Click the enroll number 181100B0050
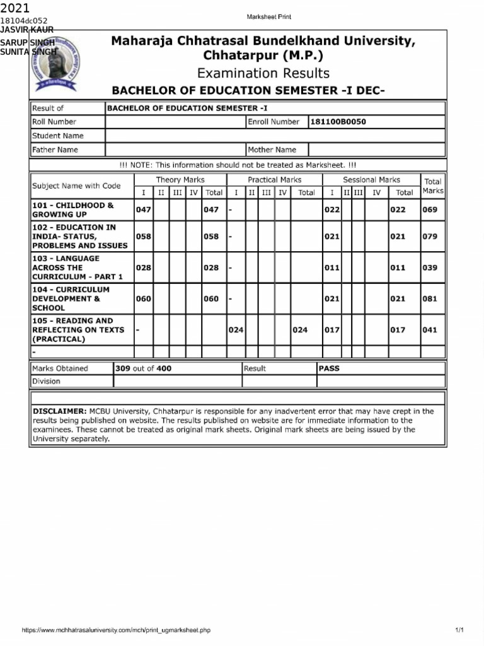click(x=337, y=122)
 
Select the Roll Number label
click(x=54, y=122)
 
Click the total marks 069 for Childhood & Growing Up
click(x=429, y=210)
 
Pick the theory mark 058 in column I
click(x=143, y=237)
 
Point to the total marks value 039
click(x=429, y=267)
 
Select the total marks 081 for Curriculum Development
click(x=429, y=299)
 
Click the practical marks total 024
click(x=300, y=330)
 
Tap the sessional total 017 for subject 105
click(x=397, y=330)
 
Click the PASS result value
click(x=329, y=368)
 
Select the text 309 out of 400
click(x=143, y=368)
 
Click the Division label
click(x=46, y=381)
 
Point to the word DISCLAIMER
click(x=59, y=411)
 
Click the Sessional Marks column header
click(x=371, y=180)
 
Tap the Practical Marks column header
click(x=274, y=180)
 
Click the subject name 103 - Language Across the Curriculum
click(x=78, y=267)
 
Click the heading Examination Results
click(x=263, y=73)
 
